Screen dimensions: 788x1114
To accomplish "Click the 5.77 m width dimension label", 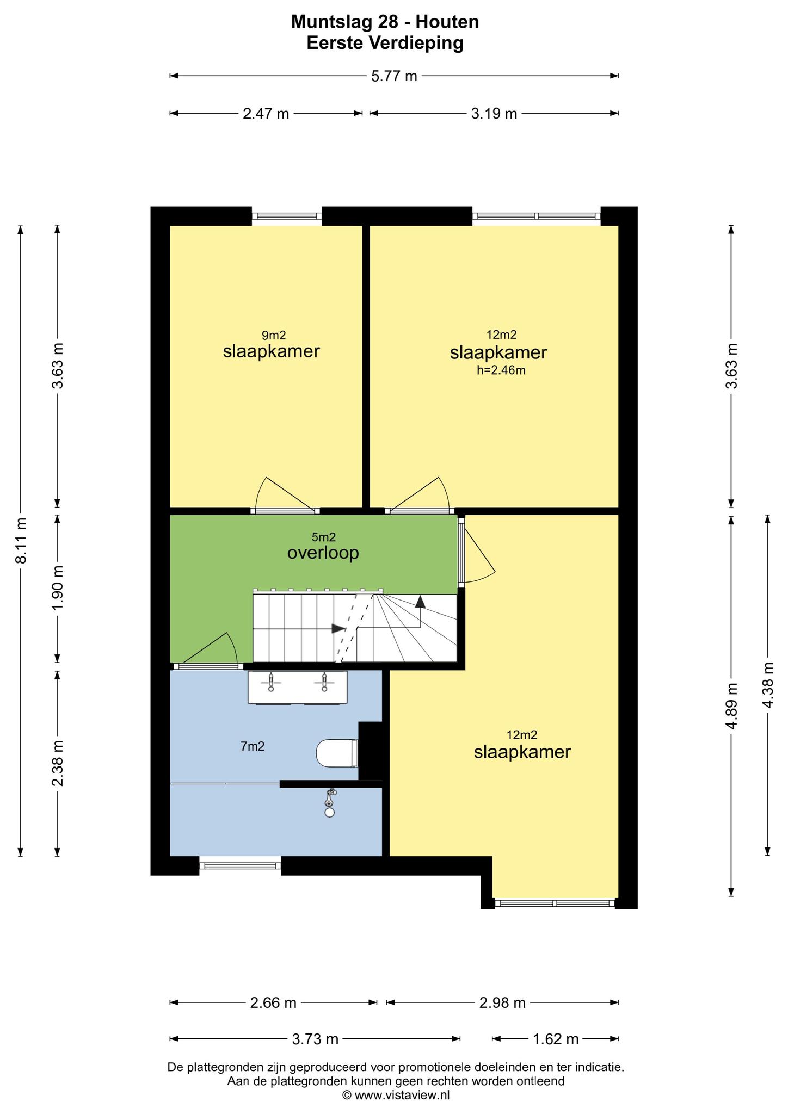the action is [394, 76].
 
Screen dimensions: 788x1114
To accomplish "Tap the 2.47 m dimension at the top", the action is [266, 113].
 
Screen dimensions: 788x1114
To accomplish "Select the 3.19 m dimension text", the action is [494, 113].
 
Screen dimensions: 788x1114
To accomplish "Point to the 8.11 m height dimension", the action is [21, 541].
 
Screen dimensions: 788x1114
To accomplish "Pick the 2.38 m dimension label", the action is [58, 763].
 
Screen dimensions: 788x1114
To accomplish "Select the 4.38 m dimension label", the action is [768, 685].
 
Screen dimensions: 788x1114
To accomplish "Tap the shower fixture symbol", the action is [330, 803].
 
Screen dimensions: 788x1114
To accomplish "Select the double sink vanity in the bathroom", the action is [298, 688].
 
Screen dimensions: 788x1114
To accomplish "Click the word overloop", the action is [323, 553].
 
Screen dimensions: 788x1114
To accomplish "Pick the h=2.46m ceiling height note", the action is [501, 370].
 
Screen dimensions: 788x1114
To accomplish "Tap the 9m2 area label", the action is [274, 336].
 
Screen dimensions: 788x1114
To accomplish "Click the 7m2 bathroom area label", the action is [253, 747].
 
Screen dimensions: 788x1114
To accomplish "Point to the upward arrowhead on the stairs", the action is [420, 601].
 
